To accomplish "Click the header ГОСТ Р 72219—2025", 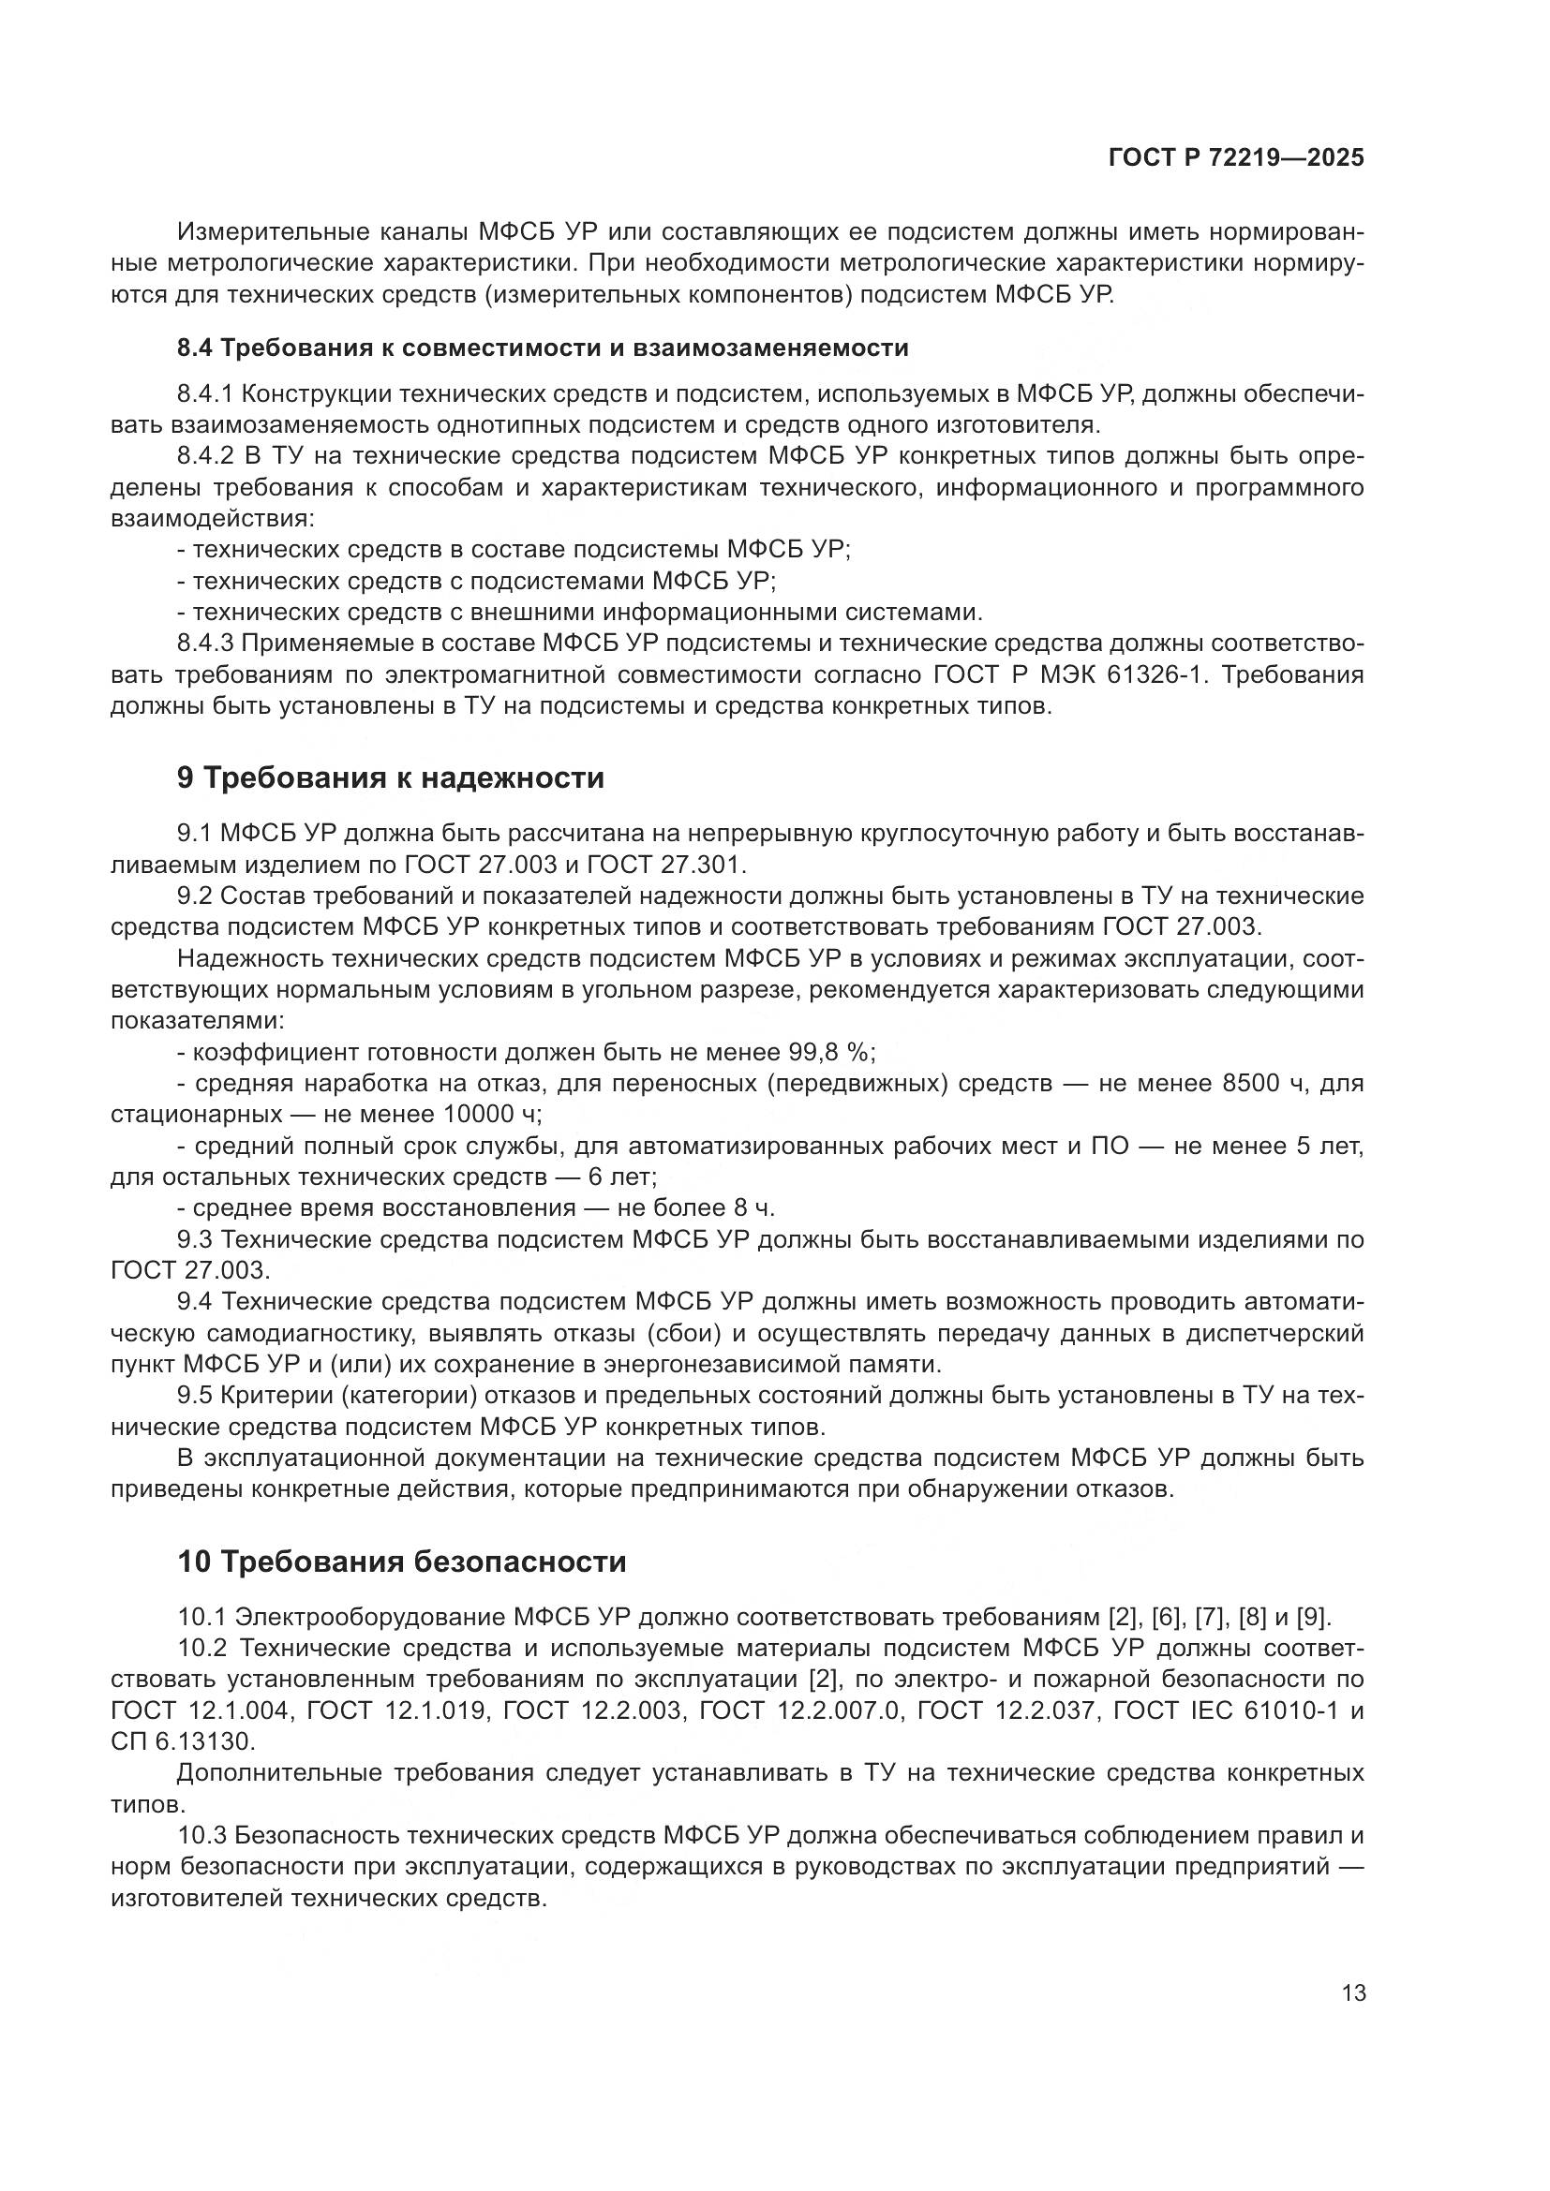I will (1236, 157).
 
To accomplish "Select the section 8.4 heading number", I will (196, 348).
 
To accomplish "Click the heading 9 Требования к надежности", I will (391, 777).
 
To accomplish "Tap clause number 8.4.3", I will (205, 644).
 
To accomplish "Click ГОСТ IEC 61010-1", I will (1228, 1710).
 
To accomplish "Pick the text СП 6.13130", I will (183, 1740).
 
